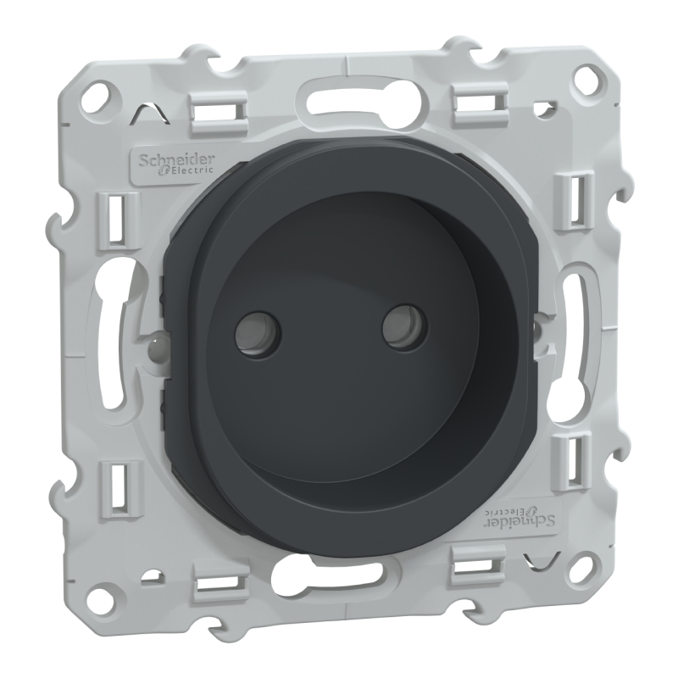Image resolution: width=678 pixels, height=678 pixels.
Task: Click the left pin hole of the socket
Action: [258, 334]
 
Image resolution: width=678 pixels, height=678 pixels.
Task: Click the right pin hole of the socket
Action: [405, 327]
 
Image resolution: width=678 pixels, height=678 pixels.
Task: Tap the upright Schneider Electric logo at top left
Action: [176, 165]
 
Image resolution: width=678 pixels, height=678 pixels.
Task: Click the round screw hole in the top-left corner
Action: [103, 97]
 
